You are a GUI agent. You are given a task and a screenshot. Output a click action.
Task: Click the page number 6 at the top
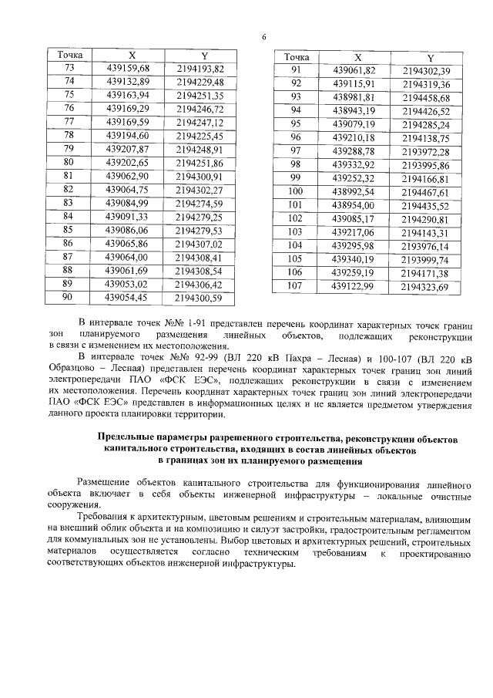click(263, 37)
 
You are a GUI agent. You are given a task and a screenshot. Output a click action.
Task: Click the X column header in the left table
click(132, 56)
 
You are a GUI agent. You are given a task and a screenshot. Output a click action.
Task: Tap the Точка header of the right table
click(296, 57)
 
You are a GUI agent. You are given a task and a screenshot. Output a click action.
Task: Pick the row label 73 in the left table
click(68, 69)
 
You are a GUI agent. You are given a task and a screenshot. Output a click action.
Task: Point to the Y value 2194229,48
click(200, 82)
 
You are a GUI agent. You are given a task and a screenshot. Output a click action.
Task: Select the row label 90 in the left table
click(68, 296)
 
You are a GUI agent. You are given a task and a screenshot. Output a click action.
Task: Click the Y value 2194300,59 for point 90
click(200, 296)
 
